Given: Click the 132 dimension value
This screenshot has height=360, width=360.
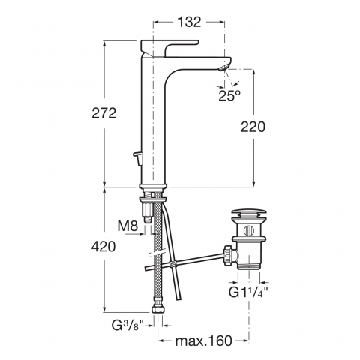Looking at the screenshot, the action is (189, 22).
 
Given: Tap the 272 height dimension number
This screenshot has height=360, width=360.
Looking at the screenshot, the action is (104, 113).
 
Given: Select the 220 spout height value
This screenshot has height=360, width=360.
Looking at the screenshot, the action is (253, 127).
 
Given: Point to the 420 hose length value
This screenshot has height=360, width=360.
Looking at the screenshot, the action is (103, 247).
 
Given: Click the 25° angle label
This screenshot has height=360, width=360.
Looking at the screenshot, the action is (229, 95).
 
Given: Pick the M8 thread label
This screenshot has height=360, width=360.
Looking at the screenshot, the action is (127, 226).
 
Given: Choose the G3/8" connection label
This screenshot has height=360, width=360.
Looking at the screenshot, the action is (127, 325).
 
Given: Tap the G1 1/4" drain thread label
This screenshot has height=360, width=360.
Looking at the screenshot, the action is (248, 292).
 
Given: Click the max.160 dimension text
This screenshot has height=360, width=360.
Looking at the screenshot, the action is (204, 340).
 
